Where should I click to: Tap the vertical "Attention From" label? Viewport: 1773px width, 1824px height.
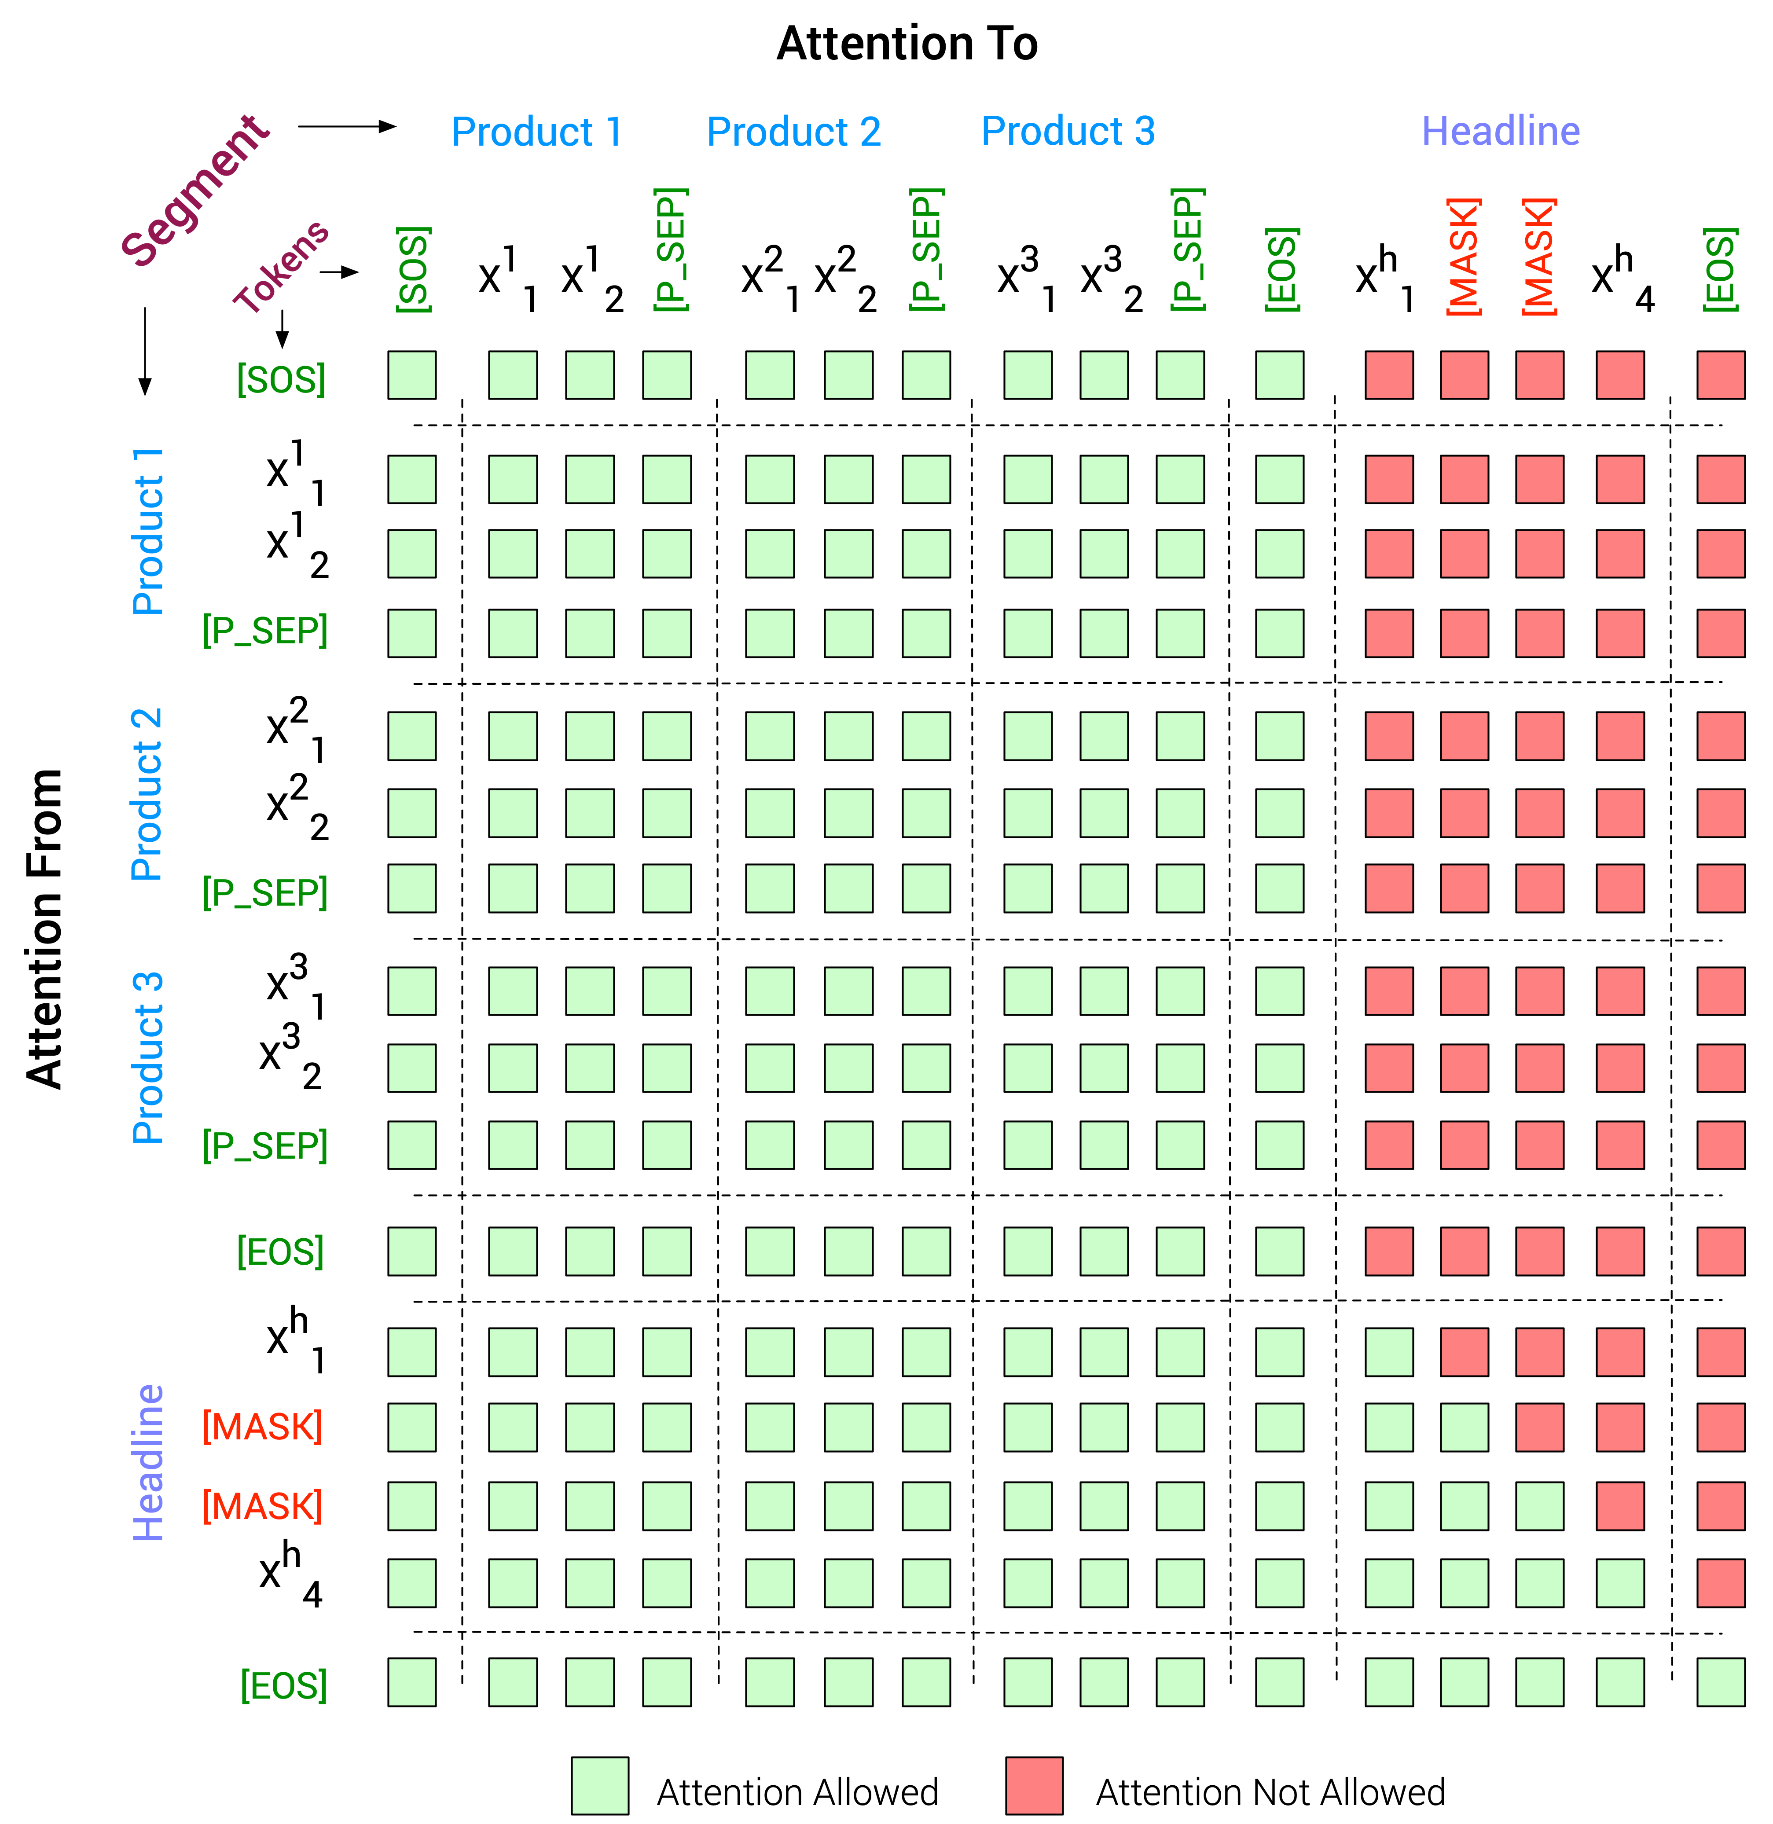point(45,929)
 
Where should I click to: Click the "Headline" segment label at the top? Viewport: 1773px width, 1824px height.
point(1500,131)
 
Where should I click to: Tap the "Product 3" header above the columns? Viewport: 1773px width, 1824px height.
point(1068,131)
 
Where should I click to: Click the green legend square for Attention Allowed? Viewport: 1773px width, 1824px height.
point(600,1785)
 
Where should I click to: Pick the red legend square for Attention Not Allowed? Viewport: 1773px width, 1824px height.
point(1034,1785)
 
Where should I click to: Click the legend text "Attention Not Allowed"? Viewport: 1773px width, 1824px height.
point(1270,1791)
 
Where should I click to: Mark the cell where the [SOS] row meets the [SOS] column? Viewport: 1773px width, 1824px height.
point(411,375)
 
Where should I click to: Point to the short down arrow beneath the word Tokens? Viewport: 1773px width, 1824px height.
point(282,328)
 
